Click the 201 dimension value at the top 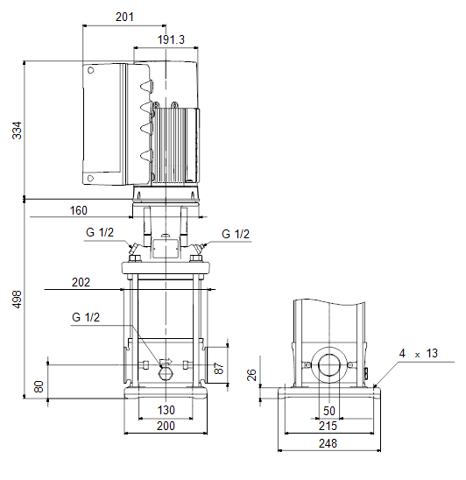coord(124,17)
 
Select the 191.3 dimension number coord(171,39)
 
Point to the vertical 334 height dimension coord(17,131)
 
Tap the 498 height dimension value coord(17,299)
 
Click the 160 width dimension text coord(78,210)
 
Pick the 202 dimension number coord(81,282)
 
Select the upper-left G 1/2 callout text coord(100,232)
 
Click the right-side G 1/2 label coord(236,234)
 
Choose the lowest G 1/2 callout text coord(86,317)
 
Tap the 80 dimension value coord(39,386)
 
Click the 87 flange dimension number coord(219,368)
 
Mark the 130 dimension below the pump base coord(166,410)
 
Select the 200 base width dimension coord(166,426)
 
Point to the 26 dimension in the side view coord(251,375)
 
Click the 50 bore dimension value coord(329,411)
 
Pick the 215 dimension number coord(328,426)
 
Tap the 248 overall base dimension coord(328,443)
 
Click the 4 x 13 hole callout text coord(418,353)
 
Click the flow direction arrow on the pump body coord(166,362)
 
